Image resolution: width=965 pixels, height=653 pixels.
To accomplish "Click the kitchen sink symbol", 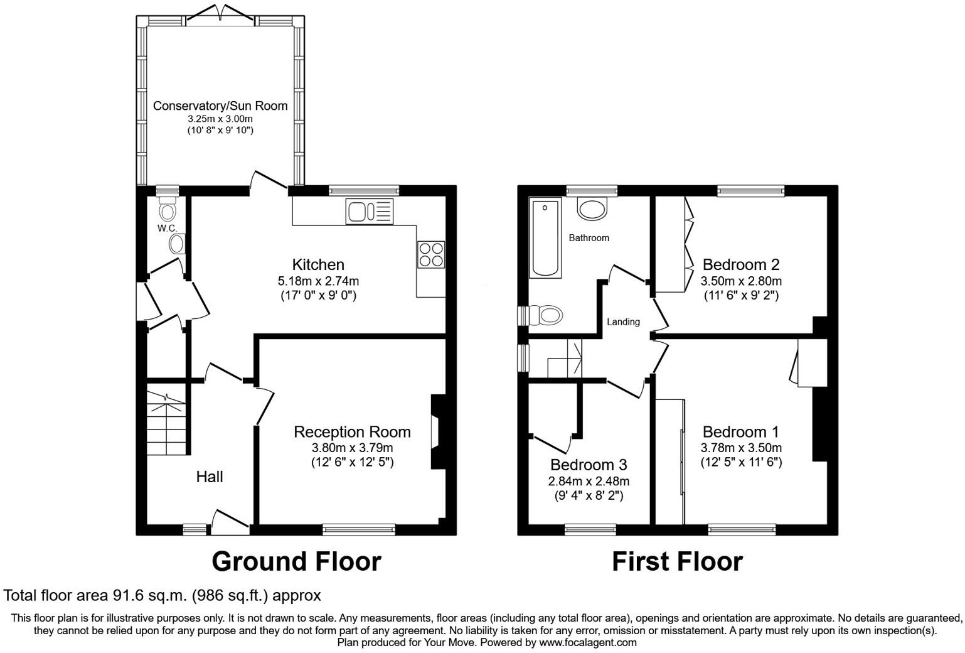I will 369,211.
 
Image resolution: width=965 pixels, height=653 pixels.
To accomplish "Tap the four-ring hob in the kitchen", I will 431,255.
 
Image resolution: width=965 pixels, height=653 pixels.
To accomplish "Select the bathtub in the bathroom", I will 545,237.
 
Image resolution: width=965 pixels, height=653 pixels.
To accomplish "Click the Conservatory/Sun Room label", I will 220,106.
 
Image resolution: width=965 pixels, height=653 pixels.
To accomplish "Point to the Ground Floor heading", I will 296,561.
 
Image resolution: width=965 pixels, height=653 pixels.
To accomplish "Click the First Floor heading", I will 677,561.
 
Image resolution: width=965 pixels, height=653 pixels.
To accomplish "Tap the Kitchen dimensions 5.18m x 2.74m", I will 319,281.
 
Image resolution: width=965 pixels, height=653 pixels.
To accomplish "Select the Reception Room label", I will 352,432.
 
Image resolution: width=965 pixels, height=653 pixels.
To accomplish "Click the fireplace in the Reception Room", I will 437,432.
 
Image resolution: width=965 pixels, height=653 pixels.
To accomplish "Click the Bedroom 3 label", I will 588,465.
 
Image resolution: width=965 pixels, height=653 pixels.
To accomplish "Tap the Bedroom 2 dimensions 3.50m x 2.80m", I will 741,281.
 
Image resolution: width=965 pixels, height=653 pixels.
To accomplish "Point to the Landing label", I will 623,322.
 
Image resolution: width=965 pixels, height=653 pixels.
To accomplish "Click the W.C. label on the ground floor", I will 167,228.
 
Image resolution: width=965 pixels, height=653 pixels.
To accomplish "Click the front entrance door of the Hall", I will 229,522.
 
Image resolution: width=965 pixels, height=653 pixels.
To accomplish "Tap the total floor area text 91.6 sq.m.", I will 162,595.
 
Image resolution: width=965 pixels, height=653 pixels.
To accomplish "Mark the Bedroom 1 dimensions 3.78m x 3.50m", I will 741,448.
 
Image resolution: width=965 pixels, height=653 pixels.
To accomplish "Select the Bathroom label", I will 589,238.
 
